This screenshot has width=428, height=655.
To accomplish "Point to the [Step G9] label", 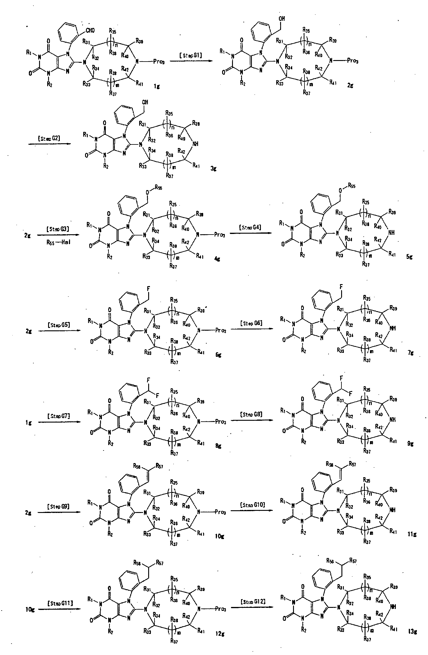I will [58, 506].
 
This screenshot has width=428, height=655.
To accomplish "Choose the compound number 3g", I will [213, 169].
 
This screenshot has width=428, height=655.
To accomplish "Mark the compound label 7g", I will [411, 353].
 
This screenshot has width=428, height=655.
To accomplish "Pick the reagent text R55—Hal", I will [58, 243].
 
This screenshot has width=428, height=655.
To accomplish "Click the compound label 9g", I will [411, 444].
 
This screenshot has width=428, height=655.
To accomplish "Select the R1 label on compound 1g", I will [29, 53].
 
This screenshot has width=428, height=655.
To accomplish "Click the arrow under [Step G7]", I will [59, 422].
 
